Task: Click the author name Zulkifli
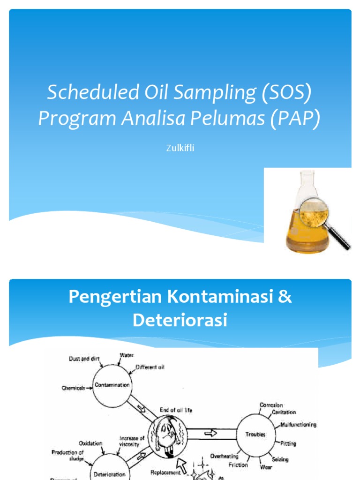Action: [180, 148]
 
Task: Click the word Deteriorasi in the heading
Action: [180, 320]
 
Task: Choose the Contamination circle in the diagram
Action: [112, 385]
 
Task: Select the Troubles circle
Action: [255, 435]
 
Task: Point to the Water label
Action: [127, 356]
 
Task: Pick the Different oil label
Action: [150, 367]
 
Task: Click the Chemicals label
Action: [74, 388]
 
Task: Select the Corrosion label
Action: [271, 405]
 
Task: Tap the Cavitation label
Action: [284, 412]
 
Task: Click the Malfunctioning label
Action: [299, 425]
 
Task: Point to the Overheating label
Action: [224, 456]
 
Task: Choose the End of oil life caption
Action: [176, 410]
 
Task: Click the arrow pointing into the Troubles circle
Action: [210, 434]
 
